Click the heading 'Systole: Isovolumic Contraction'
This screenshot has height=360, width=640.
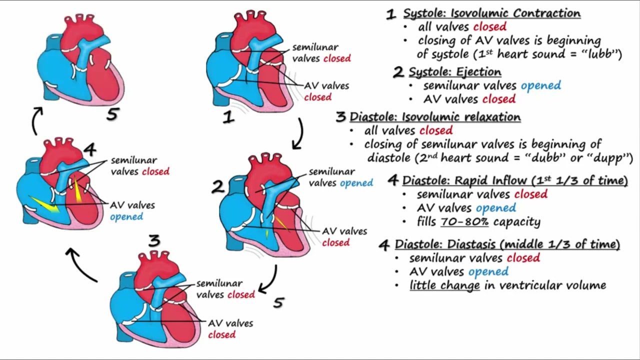point(491,13)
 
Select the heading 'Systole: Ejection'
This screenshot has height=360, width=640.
point(454,72)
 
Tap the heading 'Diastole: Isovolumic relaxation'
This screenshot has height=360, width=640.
point(434,117)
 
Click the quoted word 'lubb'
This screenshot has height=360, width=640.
point(602,54)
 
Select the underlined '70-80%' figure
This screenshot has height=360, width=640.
point(464,221)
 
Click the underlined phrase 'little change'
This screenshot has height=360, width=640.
point(444,285)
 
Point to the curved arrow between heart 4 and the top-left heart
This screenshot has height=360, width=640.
point(36,120)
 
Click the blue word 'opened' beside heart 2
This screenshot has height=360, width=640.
point(356,183)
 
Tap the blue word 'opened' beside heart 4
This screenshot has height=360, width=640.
point(126,217)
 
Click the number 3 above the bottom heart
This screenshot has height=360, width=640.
point(154,241)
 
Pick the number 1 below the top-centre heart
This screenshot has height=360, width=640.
point(228,117)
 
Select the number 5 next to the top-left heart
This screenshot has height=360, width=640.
point(112,115)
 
